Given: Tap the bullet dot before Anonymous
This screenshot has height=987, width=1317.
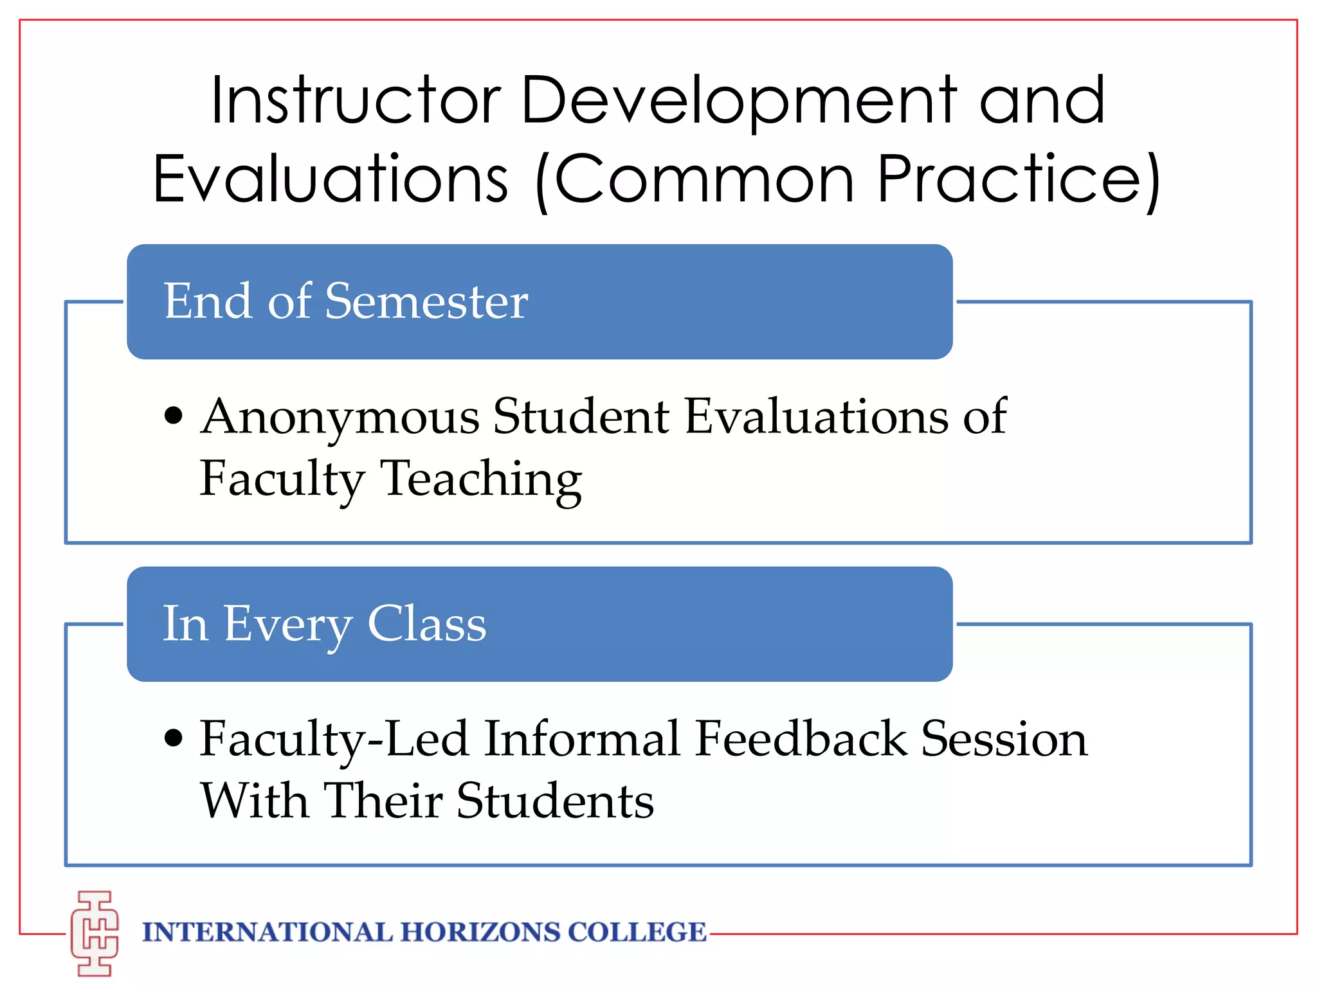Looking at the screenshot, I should pos(174,415).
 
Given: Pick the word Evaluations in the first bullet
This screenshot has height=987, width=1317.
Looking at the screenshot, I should pos(816,416).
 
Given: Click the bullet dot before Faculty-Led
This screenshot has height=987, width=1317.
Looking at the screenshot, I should pos(174,738).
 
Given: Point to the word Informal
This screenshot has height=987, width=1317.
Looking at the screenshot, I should pos(582,739).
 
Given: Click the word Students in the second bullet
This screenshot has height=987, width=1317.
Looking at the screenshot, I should pos(556,801).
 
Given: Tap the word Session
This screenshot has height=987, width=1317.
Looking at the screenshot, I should pos(1004,739).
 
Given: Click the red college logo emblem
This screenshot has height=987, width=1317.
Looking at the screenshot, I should pos(95,932).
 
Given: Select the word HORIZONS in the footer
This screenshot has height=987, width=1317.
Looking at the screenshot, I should pos(480,932).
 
